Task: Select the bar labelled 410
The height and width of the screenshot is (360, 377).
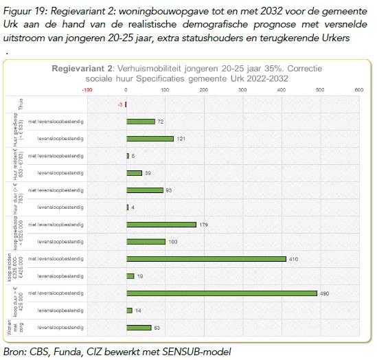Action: coord(205,259)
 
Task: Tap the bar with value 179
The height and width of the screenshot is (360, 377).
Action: coord(161,225)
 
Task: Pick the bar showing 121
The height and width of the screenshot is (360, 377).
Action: coord(150,139)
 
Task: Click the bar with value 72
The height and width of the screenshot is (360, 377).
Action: coord(140,122)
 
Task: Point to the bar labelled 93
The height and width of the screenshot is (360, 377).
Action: coord(144,190)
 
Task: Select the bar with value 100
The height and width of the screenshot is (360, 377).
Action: coord(146,242)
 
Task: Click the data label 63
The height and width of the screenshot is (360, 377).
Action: coord(157,328)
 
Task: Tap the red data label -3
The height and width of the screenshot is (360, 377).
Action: coord(119,104)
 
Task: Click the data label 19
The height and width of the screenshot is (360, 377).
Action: coord(140,276)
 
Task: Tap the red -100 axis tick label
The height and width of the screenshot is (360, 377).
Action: coord(87,89)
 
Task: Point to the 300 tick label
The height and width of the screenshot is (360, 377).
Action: coord(242,89)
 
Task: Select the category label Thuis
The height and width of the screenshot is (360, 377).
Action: coord(21,104)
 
